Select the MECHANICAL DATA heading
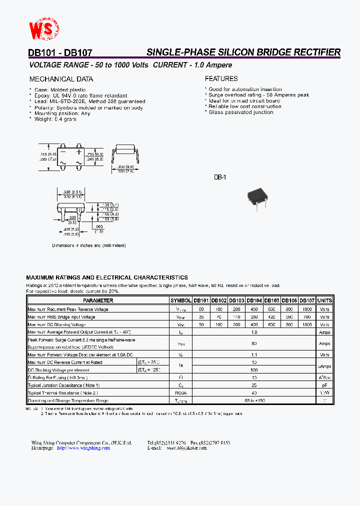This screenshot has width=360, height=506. point(61,79)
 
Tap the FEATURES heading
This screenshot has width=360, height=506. point(221,78)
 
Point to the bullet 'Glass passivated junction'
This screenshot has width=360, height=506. point(240,112)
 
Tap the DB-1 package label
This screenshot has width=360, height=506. point(220,177)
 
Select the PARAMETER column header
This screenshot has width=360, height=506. point(98,300)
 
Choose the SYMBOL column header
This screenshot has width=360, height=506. point(181,300)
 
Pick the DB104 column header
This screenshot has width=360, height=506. point(254,300)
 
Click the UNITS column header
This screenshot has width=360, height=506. point(324,300)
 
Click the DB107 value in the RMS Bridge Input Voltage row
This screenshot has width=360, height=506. point(307,316)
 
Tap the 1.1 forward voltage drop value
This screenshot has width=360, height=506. point(254,354)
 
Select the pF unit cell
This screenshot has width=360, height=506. point(324,385)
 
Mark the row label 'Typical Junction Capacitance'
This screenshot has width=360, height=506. point(63,385)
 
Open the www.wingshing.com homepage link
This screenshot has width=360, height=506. point(83,448)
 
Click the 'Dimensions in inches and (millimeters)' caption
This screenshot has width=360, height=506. point(89,245)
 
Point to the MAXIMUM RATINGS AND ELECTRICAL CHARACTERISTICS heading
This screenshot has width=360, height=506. point(107,277)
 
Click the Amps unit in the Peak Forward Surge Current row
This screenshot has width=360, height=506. point(324,343)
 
